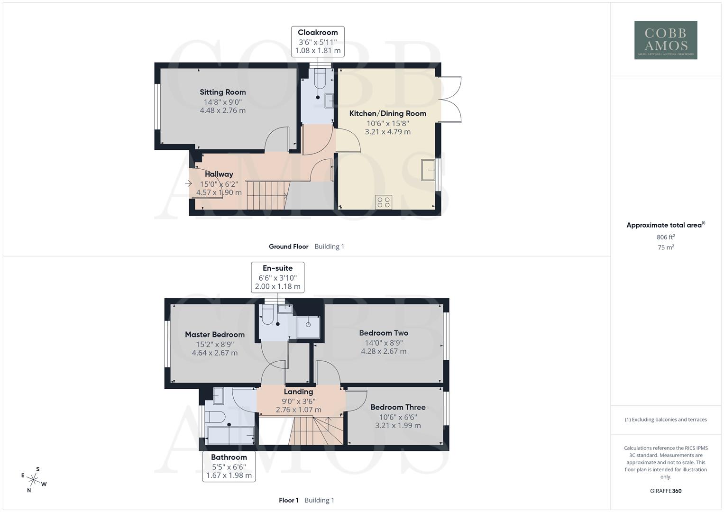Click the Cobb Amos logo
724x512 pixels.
pos(665,40)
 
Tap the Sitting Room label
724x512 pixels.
pos(222,92)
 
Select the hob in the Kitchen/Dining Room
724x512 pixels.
pos(383,202)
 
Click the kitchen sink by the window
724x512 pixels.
pos(428,170)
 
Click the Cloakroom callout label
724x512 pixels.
pos(318,41)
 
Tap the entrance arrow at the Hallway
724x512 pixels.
pos(189,183)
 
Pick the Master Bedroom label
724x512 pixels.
pos(215,335)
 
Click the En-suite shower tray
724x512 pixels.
pos(308,327)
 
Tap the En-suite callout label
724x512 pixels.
pos(277,277)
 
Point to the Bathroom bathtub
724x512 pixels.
pos(231,434)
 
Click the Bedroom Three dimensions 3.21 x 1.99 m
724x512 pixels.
pos(398,425)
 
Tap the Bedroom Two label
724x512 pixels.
pos(384,333)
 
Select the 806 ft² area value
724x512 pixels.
pos(666,237)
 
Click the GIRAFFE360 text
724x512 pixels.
pos(666,491)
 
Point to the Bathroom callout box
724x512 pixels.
pos(229,466)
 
